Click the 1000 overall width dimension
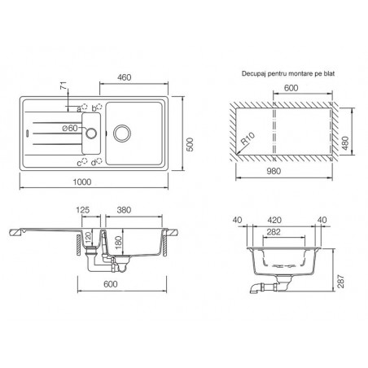[82, 182]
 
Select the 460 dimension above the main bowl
[125, 77]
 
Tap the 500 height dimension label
[191, 145]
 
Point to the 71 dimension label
[64, 87]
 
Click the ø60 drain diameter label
[70, 128]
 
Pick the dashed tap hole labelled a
[85, 107]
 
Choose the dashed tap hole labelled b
[99, 106]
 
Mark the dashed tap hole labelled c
[85, 161]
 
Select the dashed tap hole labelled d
[99, 161]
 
